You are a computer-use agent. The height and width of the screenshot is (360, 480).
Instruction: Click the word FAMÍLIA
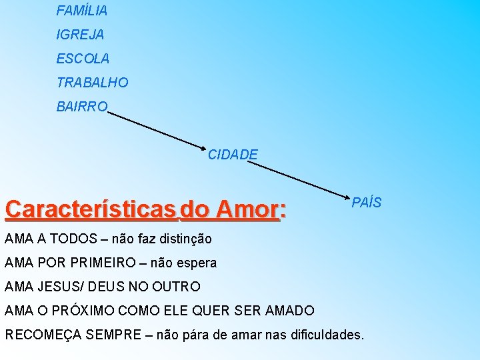82,11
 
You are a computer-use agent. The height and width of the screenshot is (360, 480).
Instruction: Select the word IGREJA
80,35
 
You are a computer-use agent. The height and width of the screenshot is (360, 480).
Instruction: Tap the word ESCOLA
83,59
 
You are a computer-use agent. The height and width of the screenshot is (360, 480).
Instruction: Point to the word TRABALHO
92,83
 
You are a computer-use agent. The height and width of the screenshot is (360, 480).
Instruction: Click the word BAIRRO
81,107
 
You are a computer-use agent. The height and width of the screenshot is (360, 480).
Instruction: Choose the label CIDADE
233,155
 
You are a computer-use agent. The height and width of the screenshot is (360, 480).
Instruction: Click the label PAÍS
367,202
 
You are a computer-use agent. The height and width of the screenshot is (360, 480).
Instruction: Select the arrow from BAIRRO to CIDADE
157,129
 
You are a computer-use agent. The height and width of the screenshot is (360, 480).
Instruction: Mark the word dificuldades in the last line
326,334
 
